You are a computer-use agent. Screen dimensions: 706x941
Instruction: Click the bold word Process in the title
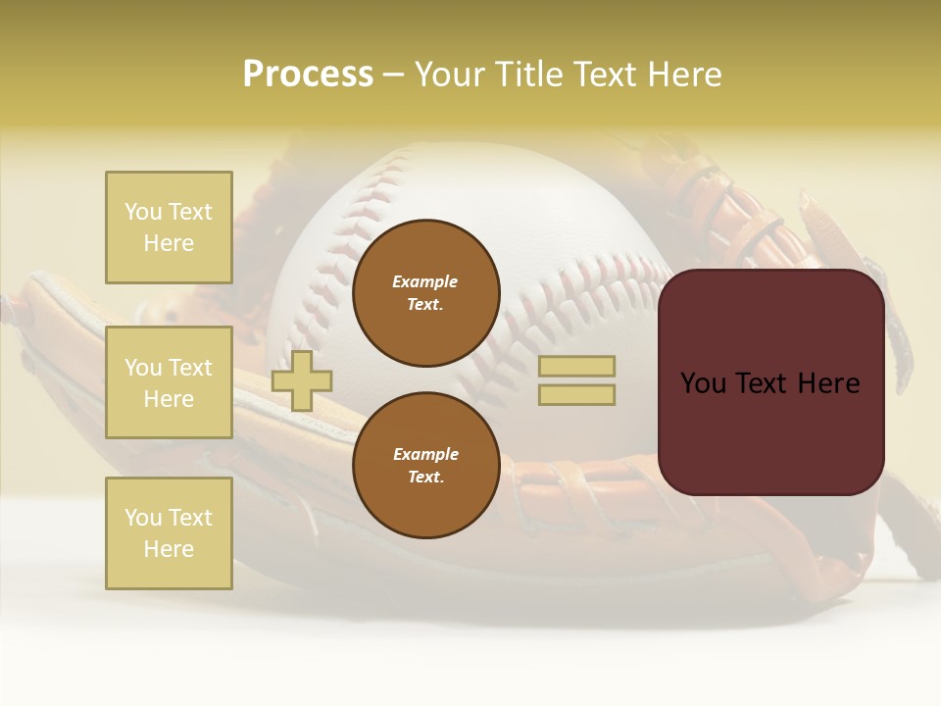tap(308, 75)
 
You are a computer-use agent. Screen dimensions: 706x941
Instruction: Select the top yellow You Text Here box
tap(169, 227)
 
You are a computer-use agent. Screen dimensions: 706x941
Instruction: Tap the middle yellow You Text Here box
tap(169, 382)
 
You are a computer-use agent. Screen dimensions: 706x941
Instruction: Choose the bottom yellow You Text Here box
tap(169, 533)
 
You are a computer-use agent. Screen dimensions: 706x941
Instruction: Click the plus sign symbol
tap(301, 380)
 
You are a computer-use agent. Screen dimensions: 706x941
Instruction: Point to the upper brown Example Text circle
tap(425, 293)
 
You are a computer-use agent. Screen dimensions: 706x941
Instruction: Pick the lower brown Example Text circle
tap(425, 466)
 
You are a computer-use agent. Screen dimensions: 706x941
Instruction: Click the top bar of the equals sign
tap(576, 367)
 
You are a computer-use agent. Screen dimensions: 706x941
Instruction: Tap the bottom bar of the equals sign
tap(576, 394)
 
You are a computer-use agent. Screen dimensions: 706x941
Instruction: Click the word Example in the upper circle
tap(425, 281)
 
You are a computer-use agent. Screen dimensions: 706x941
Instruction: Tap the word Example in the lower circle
tap(425, 454)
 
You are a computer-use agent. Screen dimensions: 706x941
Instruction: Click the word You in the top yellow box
tap(142, 212)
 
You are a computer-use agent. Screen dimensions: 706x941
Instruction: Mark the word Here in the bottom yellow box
tap(169, 549)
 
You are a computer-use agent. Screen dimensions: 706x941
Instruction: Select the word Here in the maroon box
tap(828, 383)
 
